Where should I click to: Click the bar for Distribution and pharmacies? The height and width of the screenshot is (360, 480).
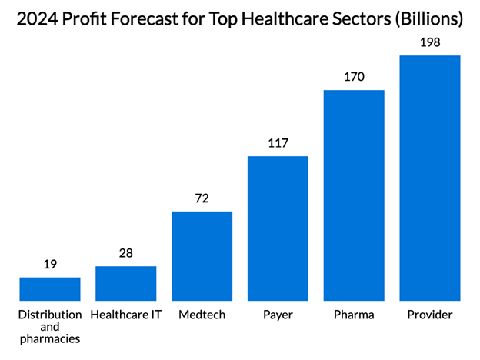coord(50,288)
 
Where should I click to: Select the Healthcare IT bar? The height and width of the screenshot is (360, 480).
coord(126,283)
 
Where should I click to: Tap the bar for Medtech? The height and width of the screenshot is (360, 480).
coord(202,255)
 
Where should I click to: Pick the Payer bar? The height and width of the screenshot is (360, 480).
coord(278,228)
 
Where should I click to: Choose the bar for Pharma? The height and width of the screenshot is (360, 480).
coord(354,195)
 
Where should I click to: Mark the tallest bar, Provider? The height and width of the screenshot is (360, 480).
coord(430,178)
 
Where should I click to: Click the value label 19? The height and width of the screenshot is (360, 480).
coord(50,265)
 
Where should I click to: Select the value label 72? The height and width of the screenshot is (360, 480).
coord(202,198)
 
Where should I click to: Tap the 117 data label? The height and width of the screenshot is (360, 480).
coord(278,143)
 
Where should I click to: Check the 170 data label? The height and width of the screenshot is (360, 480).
coord(354,77)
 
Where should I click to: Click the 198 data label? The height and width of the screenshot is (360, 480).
coord(430,42)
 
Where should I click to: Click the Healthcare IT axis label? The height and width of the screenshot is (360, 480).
coord(126,315)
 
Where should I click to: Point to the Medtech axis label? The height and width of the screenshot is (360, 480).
coord(202,315)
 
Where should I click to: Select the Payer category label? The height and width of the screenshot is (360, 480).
coord(278,315)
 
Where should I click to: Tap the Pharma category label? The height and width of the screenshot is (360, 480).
coord(354,315)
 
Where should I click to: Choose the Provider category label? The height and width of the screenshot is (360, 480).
coord(430,315)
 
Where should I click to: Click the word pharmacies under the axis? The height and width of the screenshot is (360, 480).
coord(50,339)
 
